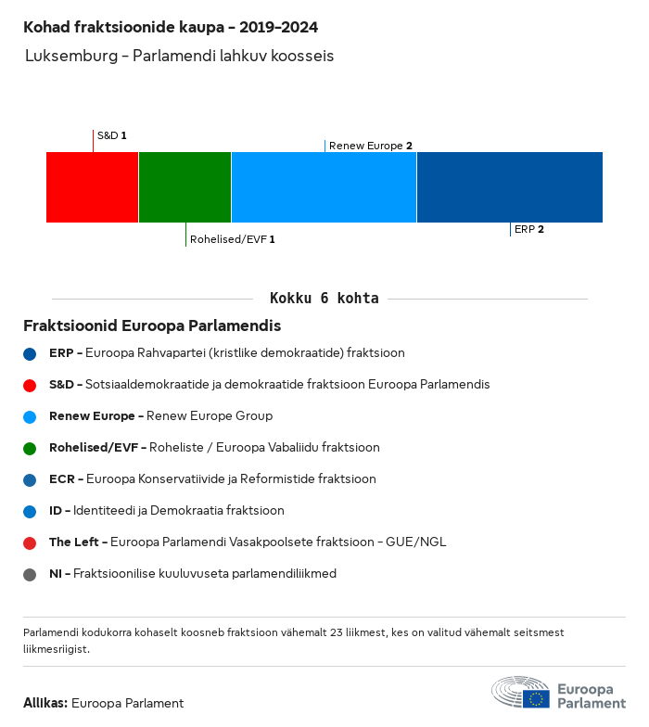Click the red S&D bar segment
coord(93,187)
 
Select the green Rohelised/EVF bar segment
coord(185,187)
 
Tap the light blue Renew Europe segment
coord(324,187)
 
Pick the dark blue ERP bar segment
coord(510,187)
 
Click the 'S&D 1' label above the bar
coord(111,135)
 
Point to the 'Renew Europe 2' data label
coord(371,146)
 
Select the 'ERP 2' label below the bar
coord(528,229)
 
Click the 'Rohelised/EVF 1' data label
coord(232,239)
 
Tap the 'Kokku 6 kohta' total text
coord(324,299)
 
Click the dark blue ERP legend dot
coord(30,354)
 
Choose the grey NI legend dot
coord(30,575)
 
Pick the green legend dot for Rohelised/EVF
coord(30,449)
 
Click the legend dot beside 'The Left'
coord(30,543)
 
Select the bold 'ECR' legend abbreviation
coord(61,478)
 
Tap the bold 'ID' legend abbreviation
coord(56,510)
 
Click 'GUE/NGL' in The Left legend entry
coord(415,542)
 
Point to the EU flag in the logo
coord(536,699)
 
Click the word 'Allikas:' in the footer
coord(45,703)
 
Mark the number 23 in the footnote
coord(336,632)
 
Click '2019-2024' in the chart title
coord(278,28)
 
